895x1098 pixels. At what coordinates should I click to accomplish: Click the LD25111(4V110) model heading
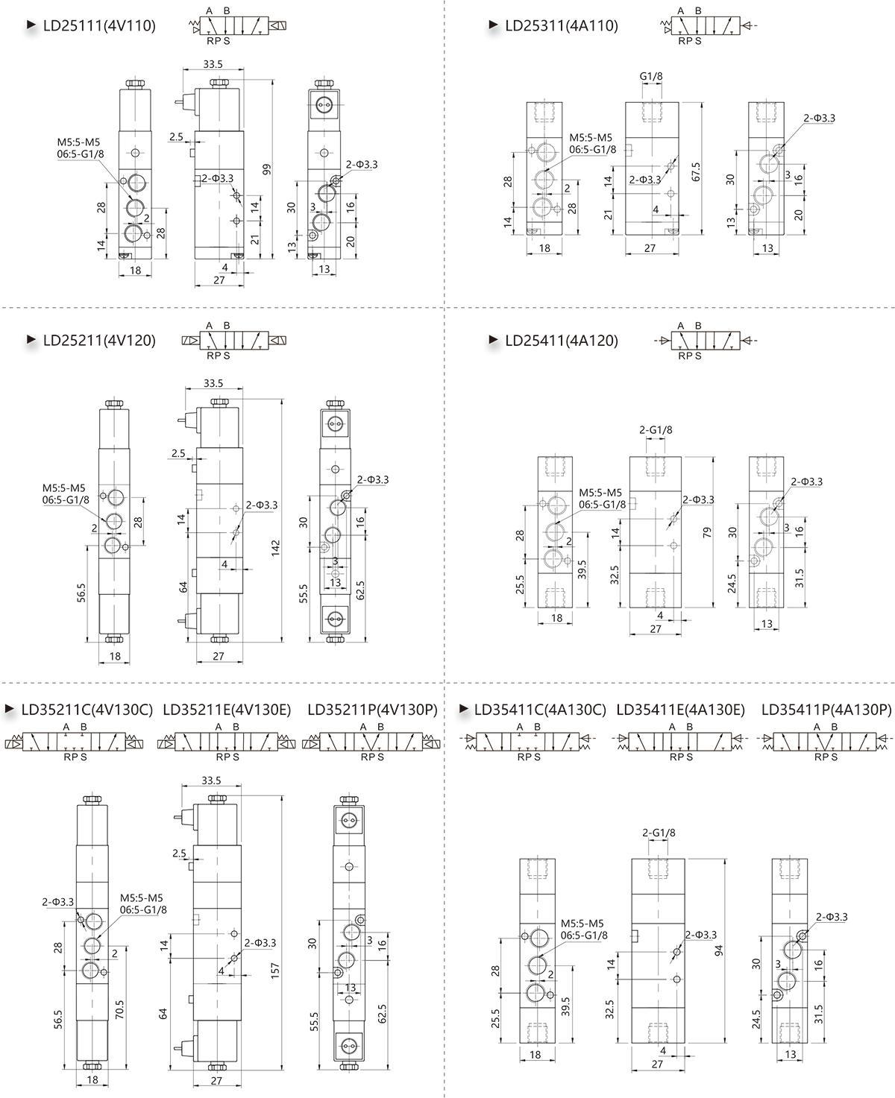point(99,25)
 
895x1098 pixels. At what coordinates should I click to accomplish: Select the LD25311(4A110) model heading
point(562,25)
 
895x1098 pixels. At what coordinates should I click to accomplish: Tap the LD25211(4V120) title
point(99,340)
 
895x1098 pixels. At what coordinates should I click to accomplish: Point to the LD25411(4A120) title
point(562,340)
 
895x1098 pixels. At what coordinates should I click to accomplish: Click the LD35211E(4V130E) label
point(227,710)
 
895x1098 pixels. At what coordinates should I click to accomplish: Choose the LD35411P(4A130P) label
point(826,710)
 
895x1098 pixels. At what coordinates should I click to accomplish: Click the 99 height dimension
point(267,169)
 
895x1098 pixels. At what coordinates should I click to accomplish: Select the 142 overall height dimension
point(275,547)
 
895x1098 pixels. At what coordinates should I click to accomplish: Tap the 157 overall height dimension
point(275,971)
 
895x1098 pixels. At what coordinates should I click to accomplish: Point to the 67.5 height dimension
point(697,171)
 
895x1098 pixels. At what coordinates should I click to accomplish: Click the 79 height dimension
point(707,532)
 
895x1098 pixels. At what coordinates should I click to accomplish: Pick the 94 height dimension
point(718,950)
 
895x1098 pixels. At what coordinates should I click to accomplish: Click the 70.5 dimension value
point(119,1009)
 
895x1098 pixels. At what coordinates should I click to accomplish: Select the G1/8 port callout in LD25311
point(651,76)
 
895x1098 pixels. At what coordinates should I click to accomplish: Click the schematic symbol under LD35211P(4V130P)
point(372,742)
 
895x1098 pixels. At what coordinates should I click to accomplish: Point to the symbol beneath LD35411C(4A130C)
point(529,742)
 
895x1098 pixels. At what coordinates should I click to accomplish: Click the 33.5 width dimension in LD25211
point(213,383)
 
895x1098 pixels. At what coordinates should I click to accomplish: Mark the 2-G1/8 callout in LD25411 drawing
point(656,430)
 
